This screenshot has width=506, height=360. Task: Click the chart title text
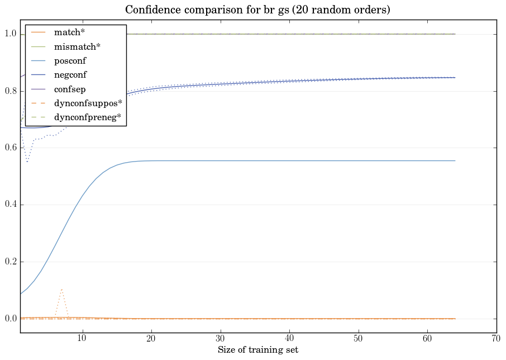pos(257,10)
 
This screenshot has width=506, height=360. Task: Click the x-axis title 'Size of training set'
pos(257,350)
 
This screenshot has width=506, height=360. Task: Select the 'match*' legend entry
pos(69,32)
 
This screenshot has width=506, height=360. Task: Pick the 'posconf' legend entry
pos(70,60)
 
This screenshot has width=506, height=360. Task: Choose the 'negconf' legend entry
pos(70,74)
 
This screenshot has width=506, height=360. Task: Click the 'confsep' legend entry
pos(69,89)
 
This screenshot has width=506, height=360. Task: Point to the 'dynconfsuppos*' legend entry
pos(88,103)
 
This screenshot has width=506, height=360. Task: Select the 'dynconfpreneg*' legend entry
pos(87,117)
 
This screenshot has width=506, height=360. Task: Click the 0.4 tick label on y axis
pos(11,205)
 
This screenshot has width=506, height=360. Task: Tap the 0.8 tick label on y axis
pos(11,91)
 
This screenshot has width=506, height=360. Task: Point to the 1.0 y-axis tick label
pos(11,35)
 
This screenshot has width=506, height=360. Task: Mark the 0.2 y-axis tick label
pos(11,262)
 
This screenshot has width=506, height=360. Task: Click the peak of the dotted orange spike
pos(61,290)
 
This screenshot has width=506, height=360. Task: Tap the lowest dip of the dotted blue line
pos(27,162)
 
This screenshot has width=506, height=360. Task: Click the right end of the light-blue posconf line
pos(455,161)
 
